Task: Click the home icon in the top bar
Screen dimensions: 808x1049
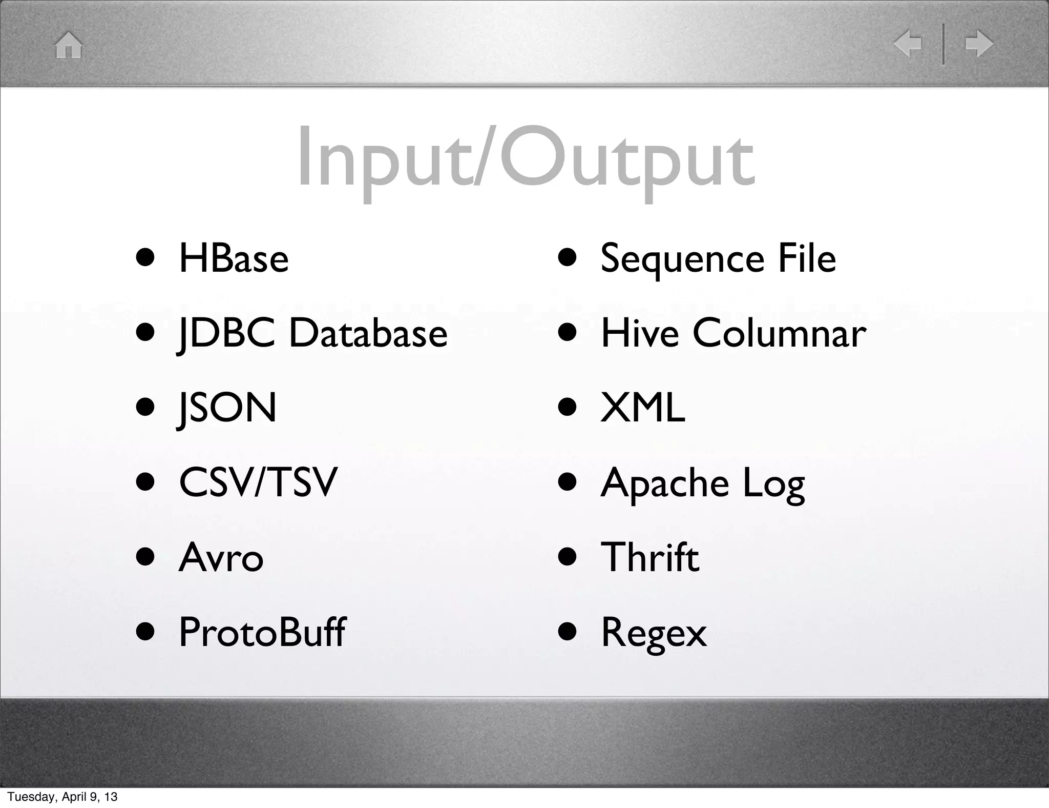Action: point(69,45)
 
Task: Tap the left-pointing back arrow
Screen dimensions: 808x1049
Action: point(907,44)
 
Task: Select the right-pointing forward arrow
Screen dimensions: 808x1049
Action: point(979,44)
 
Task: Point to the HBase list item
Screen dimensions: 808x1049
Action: point(234,258)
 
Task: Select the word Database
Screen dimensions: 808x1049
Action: point(368,334)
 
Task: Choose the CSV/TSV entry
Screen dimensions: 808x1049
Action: point(258,482)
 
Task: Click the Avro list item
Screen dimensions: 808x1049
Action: point(221,558)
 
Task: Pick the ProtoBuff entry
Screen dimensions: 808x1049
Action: point(262,632)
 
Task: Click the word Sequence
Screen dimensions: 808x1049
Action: point(679,259)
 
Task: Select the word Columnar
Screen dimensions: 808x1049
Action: point(779,334)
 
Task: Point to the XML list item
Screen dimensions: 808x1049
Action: point(642,408)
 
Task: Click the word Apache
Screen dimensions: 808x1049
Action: point(664,483)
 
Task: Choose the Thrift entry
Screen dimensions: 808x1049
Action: point(649,557)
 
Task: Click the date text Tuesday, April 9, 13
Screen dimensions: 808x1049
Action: point(62,797)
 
